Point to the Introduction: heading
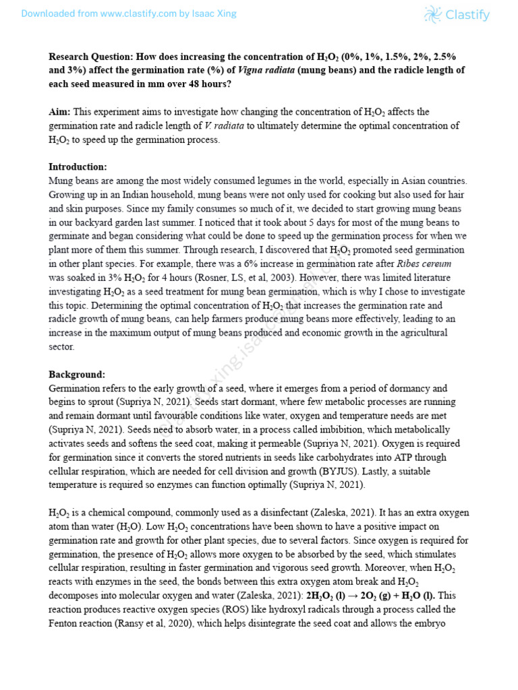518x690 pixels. [78, 167]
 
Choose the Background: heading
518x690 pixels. [77, 375]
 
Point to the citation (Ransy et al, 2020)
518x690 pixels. [171, 624]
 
